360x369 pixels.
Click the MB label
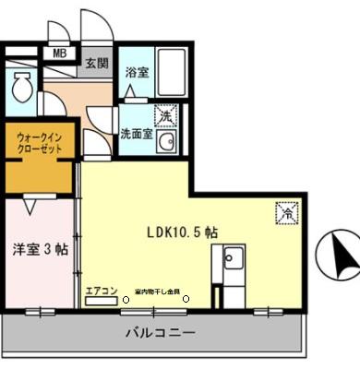(57, 54)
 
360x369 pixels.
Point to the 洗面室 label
(136, 134)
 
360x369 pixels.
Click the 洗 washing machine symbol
(164, 116)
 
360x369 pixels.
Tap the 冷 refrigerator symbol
(285, 212)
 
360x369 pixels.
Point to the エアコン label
(102, 292)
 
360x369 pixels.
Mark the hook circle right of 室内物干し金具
(186, 299)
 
